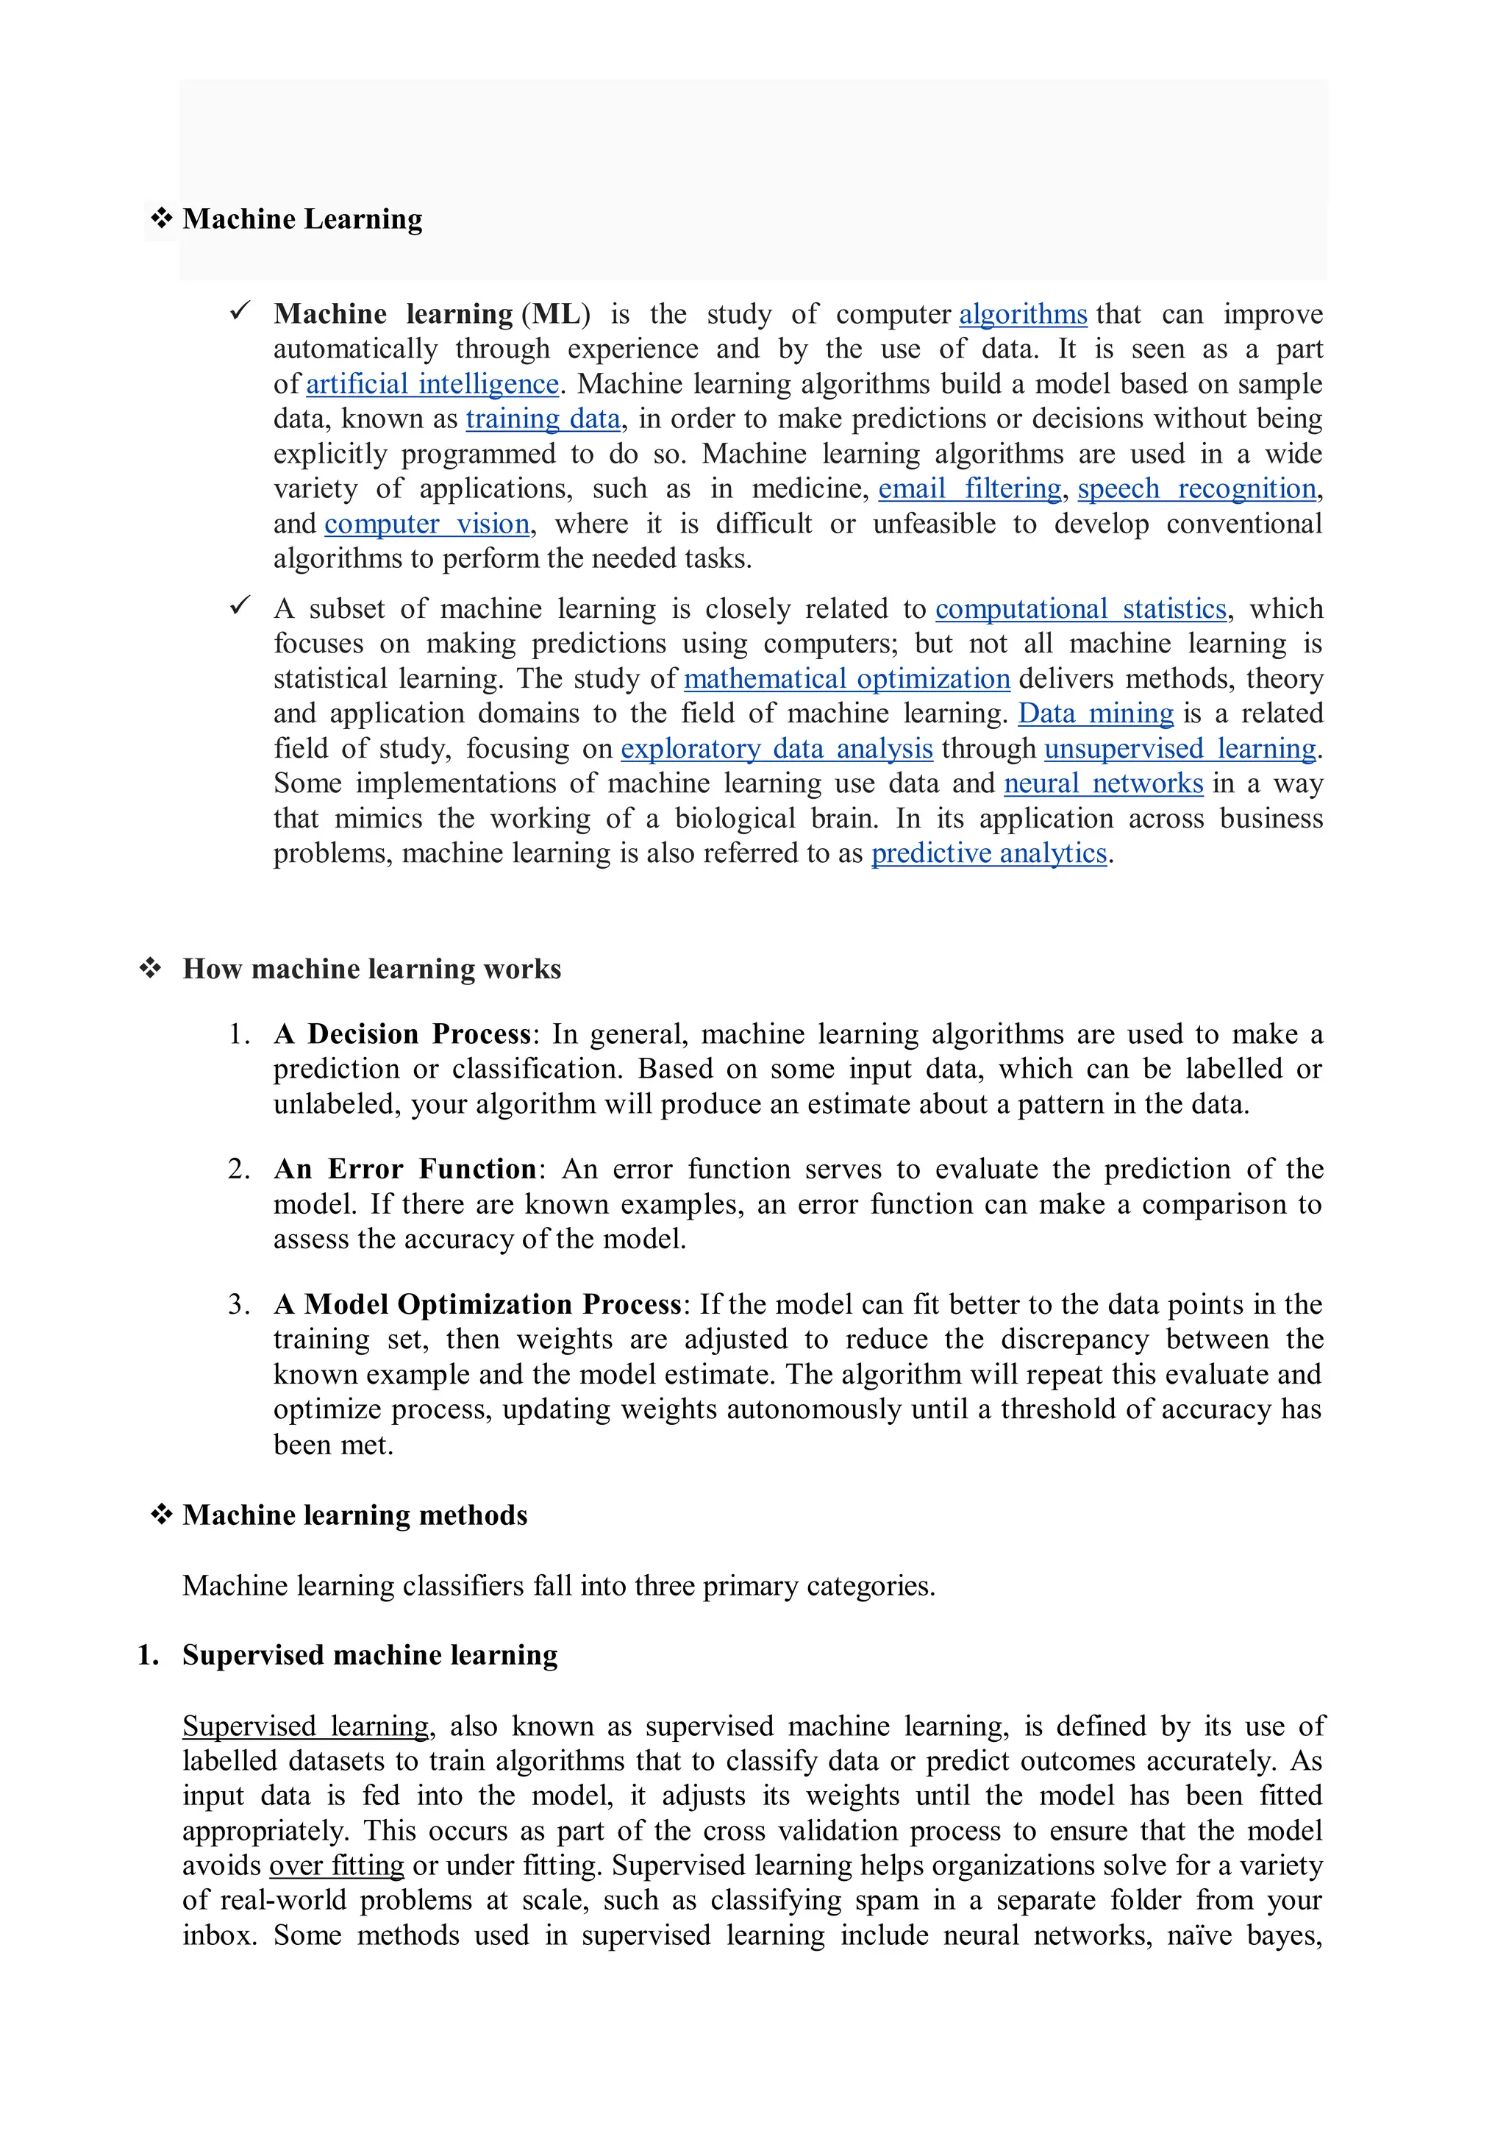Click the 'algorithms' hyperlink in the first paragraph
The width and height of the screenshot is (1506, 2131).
1023,315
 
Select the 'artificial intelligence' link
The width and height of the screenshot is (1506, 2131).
432,384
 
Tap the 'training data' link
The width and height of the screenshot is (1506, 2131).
543,419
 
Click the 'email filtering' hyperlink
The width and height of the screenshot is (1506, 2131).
970,489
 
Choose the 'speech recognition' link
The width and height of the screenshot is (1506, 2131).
1196,489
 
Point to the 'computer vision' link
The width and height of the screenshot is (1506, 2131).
427,524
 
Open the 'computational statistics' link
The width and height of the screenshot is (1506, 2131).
1080,609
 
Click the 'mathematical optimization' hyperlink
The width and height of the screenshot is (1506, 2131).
846,680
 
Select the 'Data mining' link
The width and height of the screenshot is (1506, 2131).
1096,714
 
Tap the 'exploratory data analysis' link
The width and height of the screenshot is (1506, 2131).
776,749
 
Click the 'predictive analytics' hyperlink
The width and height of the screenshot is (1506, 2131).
988,854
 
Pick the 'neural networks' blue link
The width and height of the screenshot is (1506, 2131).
1103,784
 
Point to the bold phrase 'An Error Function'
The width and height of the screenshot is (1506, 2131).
404,1170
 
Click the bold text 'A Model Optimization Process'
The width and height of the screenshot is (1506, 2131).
478,1305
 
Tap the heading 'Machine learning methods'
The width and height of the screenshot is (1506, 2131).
354,1515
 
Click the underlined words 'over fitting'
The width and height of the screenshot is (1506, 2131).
337,1865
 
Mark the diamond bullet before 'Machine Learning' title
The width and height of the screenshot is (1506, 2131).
162,219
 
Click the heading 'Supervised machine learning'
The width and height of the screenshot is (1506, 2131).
369,1655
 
